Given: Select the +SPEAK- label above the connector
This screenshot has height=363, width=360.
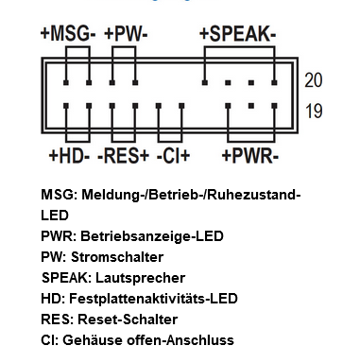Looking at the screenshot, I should pos(237,34).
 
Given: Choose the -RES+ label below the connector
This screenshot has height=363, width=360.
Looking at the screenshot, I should pos(125,154).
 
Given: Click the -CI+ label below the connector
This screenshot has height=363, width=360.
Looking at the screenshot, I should pos(175,154).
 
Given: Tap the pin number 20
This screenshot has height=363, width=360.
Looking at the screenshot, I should pos(314,81).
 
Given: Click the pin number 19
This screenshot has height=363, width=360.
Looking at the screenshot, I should pos(314,112).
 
